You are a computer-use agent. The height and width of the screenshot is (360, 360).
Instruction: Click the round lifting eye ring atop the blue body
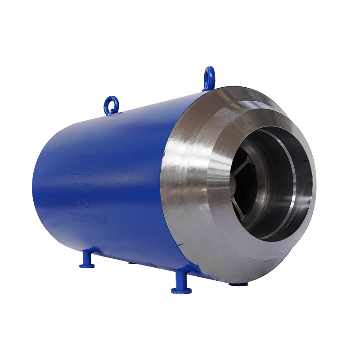tap(111, 105)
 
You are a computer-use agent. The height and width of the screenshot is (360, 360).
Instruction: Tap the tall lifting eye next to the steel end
tap(209, 78)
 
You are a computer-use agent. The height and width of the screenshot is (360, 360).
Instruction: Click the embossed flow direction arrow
tap(82, 173)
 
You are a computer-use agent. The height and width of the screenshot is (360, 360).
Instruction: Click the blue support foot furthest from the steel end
tap(87, 260)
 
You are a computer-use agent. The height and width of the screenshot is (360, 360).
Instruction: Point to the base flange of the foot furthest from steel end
tap(87, 265)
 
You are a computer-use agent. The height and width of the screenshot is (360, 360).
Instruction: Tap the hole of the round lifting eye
tap(111, 103)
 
